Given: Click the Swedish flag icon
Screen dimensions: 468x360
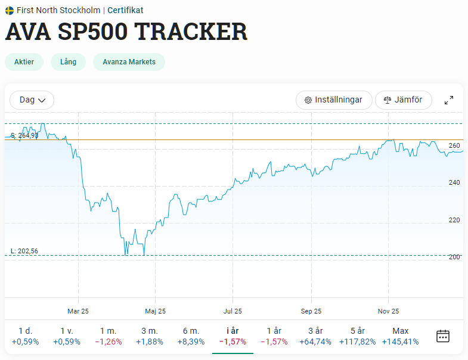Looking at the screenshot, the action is [x=10, y=11].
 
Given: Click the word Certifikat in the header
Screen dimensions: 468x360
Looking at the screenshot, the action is [x=125, y=10].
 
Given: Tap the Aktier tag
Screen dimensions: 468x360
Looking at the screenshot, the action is [x=24, y=62].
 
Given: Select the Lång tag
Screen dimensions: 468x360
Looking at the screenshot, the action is [x=69, y=62].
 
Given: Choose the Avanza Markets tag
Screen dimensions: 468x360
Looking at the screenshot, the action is [x=129, y=62].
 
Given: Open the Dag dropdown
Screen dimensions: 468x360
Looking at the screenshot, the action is [x=32, y=100].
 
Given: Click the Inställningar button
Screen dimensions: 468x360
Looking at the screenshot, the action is [x=334, y=100].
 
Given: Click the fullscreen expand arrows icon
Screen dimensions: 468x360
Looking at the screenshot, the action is [x=449, y=100].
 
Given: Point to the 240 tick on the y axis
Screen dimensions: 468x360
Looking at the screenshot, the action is [x=454, y=182].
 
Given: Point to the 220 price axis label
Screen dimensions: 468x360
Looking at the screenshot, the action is [x=454, y=220].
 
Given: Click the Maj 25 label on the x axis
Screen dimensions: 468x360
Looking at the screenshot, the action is [x=155, y=311].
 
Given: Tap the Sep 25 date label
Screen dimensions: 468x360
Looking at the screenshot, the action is [x=311, y=311].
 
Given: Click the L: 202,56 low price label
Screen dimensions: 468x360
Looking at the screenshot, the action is [x=24, y=251].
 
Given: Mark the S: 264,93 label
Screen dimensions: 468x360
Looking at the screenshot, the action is [x=24, y=135].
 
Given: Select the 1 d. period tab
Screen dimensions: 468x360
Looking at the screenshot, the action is [x=26, y=336].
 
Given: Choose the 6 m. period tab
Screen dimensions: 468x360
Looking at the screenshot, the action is [x=191, y=336].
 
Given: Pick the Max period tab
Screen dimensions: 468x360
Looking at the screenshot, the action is [x=400, y=336].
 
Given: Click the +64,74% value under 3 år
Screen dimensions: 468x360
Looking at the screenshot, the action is [x=315, y=342].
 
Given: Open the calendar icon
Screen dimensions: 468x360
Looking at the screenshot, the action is [x=443, y=336].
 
